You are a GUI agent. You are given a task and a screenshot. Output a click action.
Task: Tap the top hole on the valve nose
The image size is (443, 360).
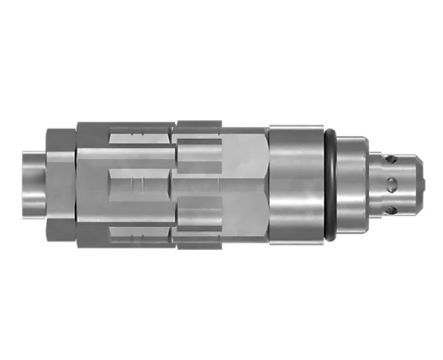[x=392, y=159]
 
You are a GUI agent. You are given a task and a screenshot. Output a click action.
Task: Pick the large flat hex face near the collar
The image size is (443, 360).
[x=240, y=180]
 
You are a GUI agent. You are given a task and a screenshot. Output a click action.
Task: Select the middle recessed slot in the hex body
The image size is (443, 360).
[x=139, y=181]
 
